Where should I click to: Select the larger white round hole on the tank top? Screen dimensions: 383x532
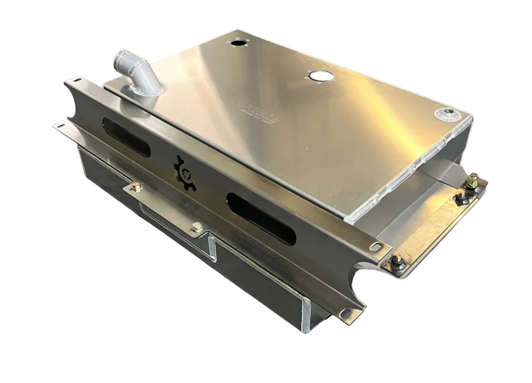coord(321,76)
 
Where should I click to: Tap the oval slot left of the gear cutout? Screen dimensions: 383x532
coord(126,137)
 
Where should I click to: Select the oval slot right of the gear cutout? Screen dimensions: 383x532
coord(261,218)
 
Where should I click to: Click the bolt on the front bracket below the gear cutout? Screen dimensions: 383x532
coord(136,186)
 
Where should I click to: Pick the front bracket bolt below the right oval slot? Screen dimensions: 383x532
coord(197,227)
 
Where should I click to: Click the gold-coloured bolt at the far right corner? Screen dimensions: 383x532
coord(474,181)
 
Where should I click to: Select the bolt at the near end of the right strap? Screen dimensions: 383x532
coord(397,260)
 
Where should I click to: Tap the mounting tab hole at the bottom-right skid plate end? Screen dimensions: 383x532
coord(344,313)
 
